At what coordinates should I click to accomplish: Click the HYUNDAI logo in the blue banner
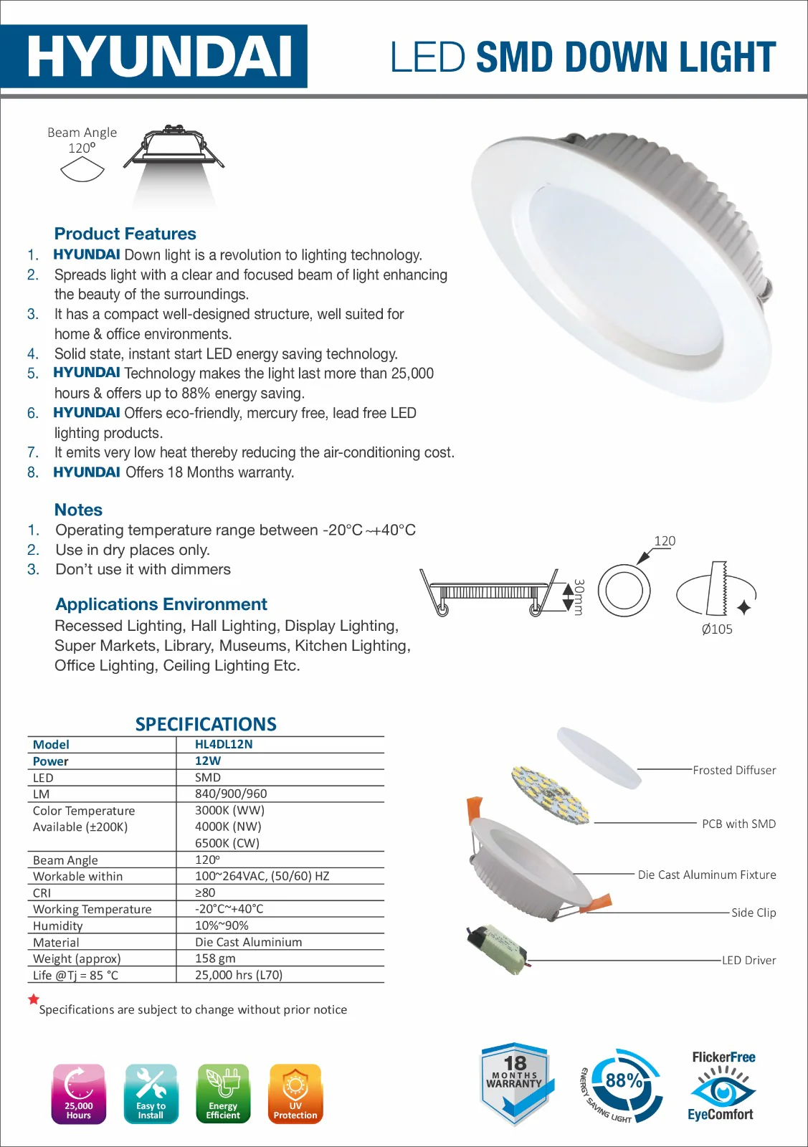(x=159, y=57)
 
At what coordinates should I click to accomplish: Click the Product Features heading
(x=125, y=234)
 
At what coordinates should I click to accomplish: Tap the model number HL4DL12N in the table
(x=224, y=744)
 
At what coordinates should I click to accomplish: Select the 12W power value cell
(x=208, y=761)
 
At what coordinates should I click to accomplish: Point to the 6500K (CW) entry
(x=227, y=843)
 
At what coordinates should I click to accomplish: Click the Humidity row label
(x=57, y=925)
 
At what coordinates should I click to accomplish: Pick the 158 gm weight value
(x=215, y=958)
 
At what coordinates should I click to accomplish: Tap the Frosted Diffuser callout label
(x=734, y=770)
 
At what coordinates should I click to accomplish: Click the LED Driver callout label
(x=748, y=960)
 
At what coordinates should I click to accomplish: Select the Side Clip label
(x=754, y=913)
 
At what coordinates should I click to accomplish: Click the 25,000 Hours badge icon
(x=79, y=1093)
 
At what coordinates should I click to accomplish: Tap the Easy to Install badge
(x=151, y=1093)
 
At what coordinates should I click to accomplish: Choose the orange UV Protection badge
(x=295, y=1093)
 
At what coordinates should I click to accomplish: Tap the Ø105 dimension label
(x=717, y=629)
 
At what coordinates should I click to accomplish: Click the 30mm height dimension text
(x=578, y=597)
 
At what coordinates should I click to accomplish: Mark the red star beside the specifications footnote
(x=34, y=999)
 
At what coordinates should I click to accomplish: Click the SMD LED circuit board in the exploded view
(x=550, y=795)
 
